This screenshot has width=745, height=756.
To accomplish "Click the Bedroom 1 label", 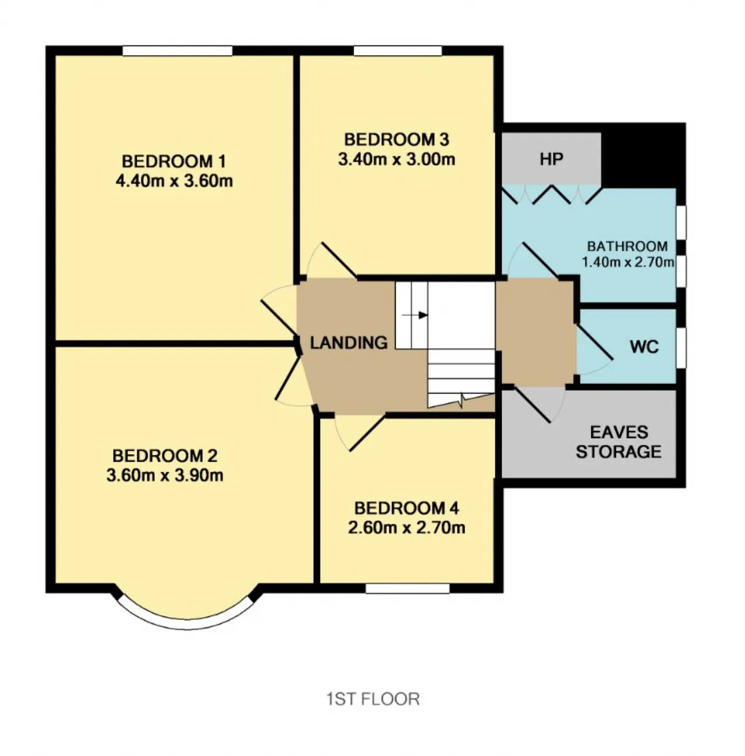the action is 173,161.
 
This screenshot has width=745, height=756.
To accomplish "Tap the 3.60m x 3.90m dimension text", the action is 165,475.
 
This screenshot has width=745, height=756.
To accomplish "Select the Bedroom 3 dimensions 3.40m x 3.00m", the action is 396,159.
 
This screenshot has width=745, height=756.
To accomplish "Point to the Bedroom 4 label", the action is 406,508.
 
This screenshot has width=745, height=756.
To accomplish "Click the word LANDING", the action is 349,343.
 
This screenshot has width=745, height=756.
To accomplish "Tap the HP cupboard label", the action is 551,159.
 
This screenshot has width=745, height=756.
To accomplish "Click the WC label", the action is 644,347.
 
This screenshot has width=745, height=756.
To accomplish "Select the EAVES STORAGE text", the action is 619,442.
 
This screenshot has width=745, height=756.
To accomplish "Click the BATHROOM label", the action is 627,247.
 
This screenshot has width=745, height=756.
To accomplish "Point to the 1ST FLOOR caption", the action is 372,699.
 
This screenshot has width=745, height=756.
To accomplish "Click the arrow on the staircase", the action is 415,315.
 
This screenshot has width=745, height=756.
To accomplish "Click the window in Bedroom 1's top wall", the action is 178,51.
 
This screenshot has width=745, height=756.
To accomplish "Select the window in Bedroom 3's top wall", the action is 398,51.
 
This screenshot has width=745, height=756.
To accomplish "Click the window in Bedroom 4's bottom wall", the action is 407,589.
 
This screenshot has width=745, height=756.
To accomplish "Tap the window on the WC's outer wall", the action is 682,348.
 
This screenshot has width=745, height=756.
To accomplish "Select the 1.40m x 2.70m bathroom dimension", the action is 628,262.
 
